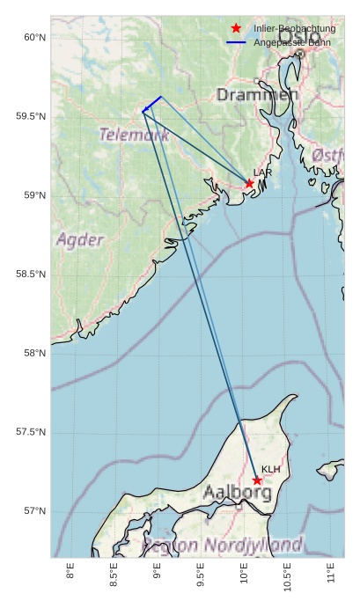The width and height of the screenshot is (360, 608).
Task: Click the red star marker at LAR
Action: tap(249, 183)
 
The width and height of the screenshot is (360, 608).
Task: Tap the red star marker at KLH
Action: tap(257, 480)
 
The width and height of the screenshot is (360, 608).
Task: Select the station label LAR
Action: tap(261, 172)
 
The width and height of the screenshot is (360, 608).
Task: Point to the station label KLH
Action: tap(270, 469)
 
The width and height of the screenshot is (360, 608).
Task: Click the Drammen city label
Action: tap(245, 94)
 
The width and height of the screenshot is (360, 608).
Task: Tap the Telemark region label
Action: tap(134, 135)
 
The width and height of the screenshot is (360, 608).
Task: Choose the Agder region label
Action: tap(80, 239)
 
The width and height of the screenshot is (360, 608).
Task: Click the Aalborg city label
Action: tap(237, 493)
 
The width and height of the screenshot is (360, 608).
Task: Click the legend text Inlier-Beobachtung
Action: tap(294, 29)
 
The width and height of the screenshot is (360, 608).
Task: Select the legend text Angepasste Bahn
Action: tap(291, 42)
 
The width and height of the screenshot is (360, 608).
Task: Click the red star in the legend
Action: tap(236, 29)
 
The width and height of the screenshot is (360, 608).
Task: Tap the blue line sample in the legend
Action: tap(236, 42)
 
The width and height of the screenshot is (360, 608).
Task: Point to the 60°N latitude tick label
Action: tap(34, 37)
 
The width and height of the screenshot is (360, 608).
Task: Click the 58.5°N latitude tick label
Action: tap(31, 275)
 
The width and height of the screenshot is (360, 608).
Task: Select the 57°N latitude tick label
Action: tap(34, 511)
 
